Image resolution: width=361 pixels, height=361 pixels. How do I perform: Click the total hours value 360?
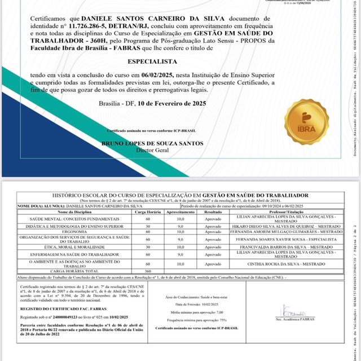[148, 271]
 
